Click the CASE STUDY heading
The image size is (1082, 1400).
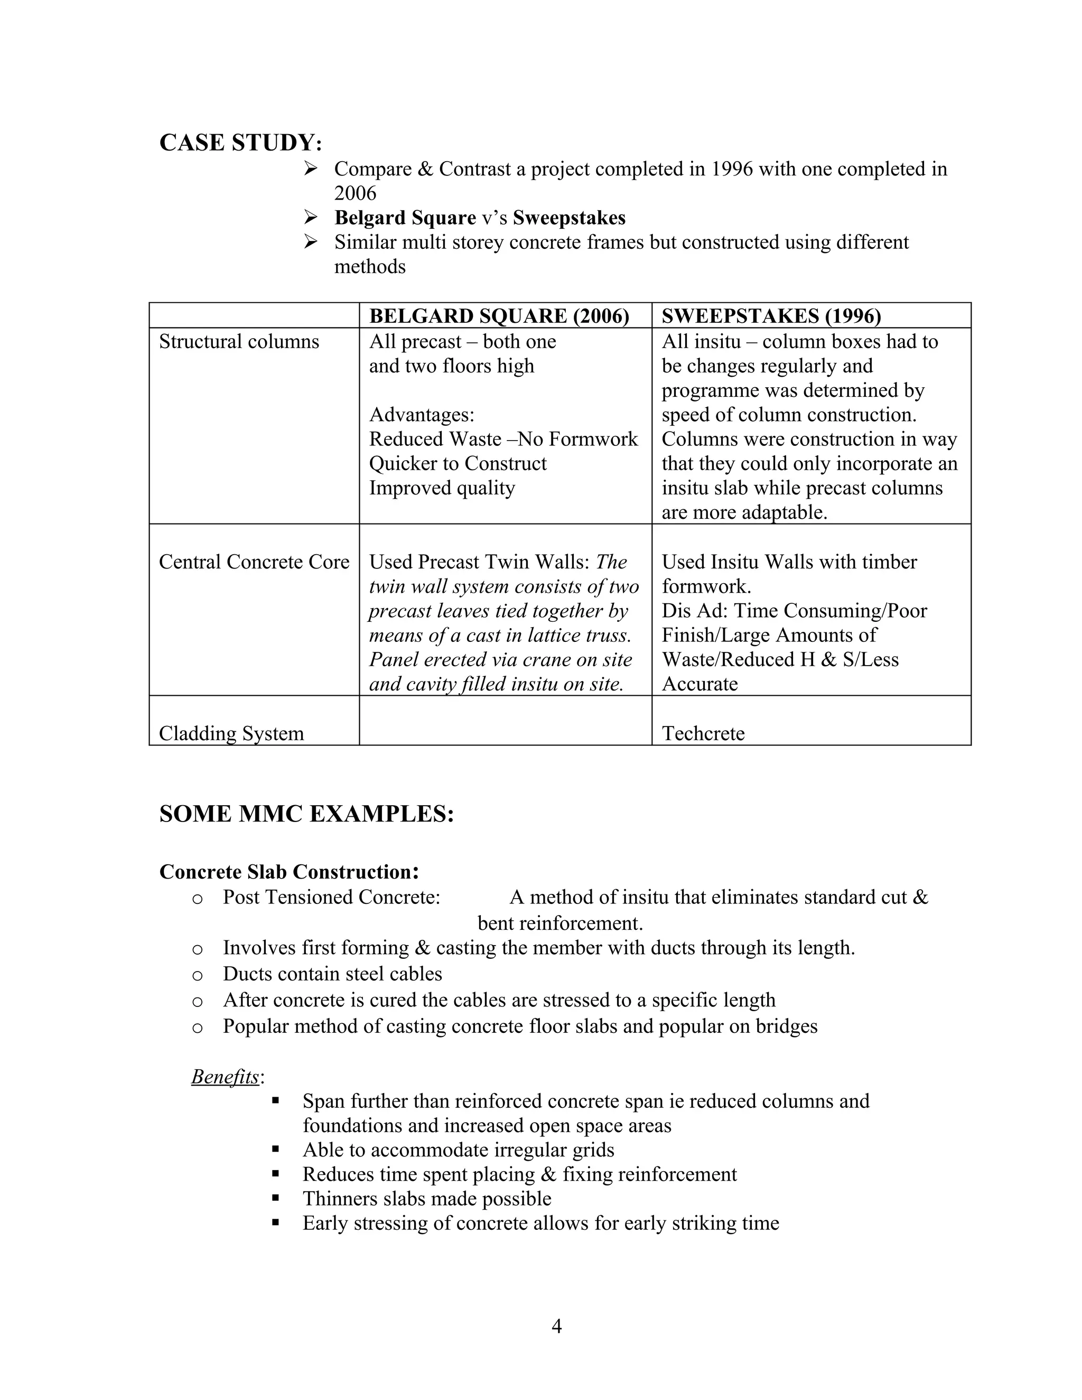[x=240, y=142]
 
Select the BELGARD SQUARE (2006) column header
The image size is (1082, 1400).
[x=499, y=316]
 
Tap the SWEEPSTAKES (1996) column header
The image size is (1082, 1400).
[x=771, y=316]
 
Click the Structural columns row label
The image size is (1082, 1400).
[x=238, y=342]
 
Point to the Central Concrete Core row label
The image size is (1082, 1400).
[x=254, y=562]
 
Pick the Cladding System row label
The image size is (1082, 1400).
[x=231, y=733]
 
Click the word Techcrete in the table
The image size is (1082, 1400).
[x=703, y=733]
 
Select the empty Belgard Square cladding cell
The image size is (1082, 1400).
[x=505, y=721]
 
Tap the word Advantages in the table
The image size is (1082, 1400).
[x=421, y=415]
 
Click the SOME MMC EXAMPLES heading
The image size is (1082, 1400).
[x=306, y=814]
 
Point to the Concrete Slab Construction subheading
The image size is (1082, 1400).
[x=288, y=872]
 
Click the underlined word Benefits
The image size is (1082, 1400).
[x=225, y=1077]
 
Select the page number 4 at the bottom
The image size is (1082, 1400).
[x=556, y=1326]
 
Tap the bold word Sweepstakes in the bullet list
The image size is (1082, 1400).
[x=568, y=218]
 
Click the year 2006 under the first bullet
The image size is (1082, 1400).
[x=355, y=193]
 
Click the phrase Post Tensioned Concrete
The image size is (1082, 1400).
[x=331, y=897]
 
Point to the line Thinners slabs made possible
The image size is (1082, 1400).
[x=426, y=1199]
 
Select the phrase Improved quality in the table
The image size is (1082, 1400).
[x=442, y=488]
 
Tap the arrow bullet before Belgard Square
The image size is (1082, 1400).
[x=311, y=218]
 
